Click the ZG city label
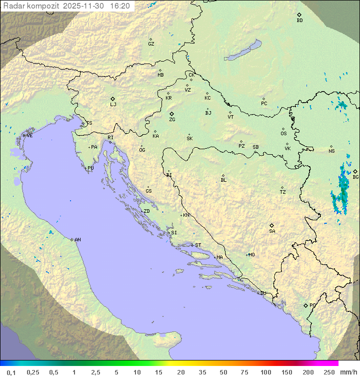click(172, 120)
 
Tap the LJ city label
click(113, 105)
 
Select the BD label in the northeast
click(299, 21)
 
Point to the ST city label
click(198, 245)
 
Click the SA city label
click(272, 231)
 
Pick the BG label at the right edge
click(355, 177)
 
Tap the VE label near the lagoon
click(29, 136)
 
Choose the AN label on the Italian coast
click(77, 240)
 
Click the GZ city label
click(151, 44)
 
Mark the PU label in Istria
click(90, 168)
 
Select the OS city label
click(283, 134)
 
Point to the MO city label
click(251, 255)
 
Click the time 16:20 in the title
click(119, 6)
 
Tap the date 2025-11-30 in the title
click(84, 6)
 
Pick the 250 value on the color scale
click(329, 372)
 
